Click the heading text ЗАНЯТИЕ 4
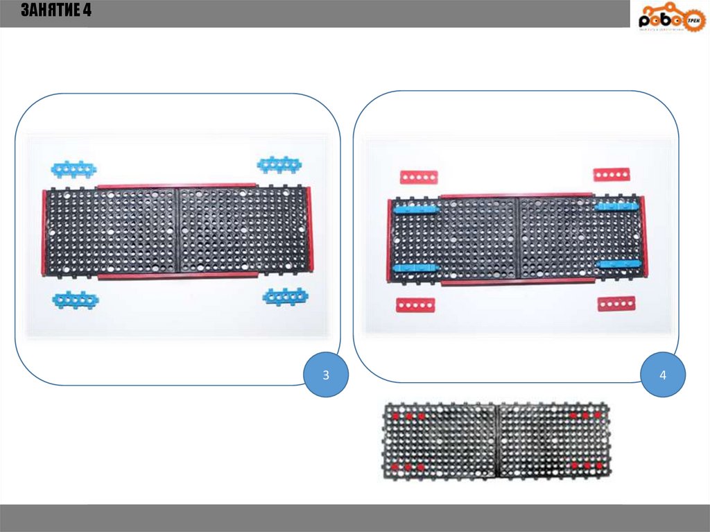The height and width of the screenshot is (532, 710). tap(55, 11)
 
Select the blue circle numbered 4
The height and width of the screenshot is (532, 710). tap(663, 375)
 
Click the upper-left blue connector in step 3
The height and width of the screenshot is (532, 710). tap(73, 169)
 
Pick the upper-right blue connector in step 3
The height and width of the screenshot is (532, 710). tap(279, 164)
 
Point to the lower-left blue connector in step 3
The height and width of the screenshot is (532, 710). tap(76, 300)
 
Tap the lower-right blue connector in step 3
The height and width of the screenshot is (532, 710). tap(285, 297)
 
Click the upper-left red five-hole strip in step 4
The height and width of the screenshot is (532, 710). tap(419, 178)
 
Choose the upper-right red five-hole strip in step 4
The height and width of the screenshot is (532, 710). tap(612, 174)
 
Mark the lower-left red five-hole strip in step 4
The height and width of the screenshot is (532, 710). tap(415, 305)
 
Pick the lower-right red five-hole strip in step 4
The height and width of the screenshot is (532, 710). tap(616, 303)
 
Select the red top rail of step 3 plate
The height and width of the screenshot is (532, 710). tap(177, 186)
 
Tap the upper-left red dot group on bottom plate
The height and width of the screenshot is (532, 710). tap(408, 416)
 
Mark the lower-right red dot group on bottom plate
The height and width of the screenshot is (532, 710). tap(587, 466)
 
